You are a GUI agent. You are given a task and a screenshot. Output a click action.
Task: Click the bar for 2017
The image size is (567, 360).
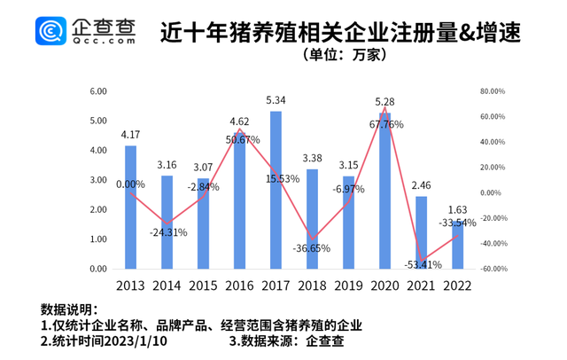tap(276, 190)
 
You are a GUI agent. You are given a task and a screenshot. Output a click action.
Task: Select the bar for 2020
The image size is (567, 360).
tap(384, 191)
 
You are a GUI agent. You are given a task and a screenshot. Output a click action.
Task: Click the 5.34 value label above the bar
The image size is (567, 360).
tap(276, 100)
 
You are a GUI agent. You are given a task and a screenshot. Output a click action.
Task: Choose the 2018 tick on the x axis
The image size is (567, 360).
tap(312, 286)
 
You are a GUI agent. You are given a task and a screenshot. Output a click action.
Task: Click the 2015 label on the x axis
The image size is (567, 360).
tap(203, 286)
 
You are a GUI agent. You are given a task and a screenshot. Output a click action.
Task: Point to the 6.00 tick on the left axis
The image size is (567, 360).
tap(97, 90)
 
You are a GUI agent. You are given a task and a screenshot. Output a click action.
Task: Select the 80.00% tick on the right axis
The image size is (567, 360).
tap(492, 90)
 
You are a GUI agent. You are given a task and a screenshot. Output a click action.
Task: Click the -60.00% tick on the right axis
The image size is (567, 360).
tap(492, 270)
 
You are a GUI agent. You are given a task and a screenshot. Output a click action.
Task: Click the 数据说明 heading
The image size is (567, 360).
tap(66, 309)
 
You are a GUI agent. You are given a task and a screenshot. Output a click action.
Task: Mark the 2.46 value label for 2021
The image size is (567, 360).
tap(421, 185)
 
